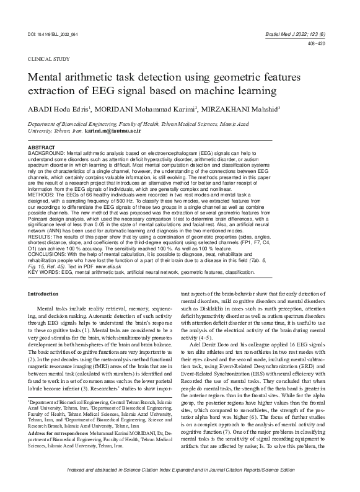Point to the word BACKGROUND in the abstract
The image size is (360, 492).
coord(47,151)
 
